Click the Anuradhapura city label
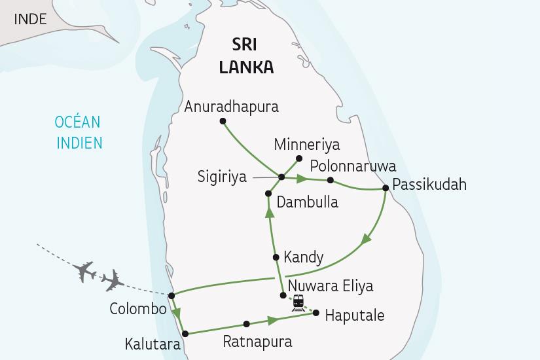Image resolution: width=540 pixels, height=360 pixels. (x=232, y=106)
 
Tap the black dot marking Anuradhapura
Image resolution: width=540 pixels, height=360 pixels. (x=223, y=121)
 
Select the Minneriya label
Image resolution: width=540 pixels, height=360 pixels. (x=307, y=145)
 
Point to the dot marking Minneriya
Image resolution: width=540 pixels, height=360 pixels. (x=298, y=158)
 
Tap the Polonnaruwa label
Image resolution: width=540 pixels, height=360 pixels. (x=353, y=165)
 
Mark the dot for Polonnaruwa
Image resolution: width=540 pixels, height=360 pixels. (x=331, y=180)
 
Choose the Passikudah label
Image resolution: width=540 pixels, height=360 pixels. (x=429, y=184)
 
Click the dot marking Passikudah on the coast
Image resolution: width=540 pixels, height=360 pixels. (x=386, y=189)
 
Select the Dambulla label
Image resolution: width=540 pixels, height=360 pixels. (x=307, y=202)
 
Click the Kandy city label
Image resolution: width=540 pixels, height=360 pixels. (x=303, y=257)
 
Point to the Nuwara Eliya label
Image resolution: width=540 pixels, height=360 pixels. (x=331, y=286)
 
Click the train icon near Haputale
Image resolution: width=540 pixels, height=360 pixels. (x=298, y=302)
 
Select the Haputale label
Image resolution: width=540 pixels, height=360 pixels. (x=355, y=315)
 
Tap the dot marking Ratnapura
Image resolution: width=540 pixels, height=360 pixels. (x=246, y=324)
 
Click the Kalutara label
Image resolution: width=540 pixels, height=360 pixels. (x=154, y=343)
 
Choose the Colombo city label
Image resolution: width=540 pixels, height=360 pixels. (x=138, y=309)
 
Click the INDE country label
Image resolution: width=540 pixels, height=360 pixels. (x=29, y=18)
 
